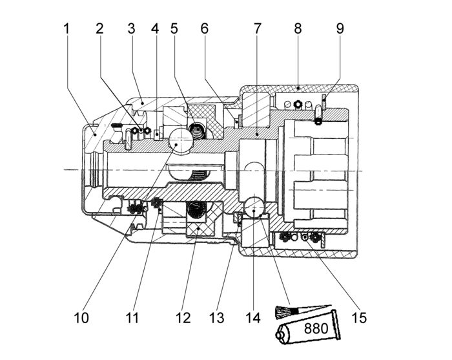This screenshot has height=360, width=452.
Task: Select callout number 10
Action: (x=81, y=318)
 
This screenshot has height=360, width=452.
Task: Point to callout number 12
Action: (x=183, y=318)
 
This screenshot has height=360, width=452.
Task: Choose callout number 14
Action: (x=253, y=318)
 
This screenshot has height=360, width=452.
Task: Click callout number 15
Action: (x=358, y=318)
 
